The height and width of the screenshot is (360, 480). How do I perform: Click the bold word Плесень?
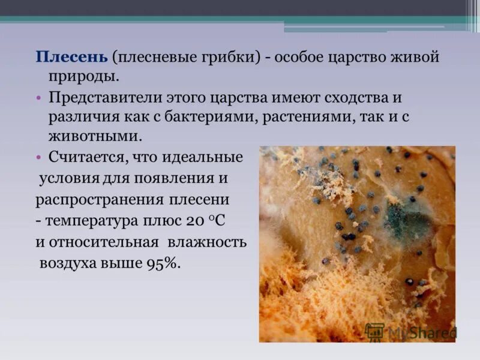pyautogui.click(x=71, y=58)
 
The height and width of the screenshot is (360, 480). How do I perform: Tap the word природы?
pyautogui.click(x=84, y=77)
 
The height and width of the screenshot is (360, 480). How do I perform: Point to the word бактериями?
pyautogui.click(x=220, y=117)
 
